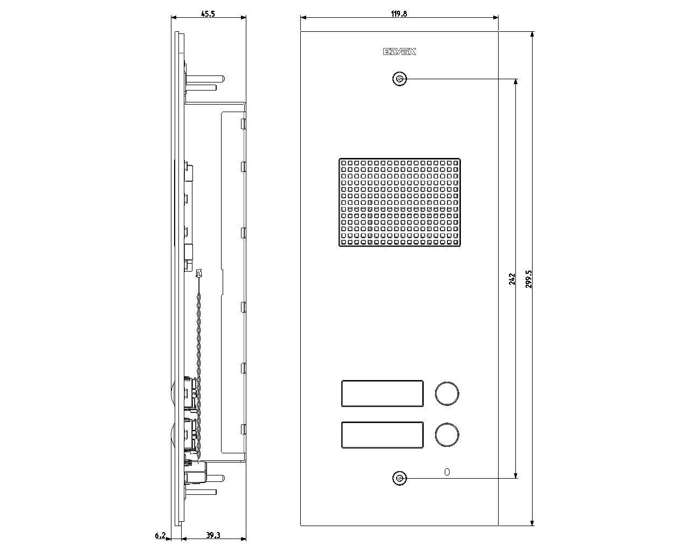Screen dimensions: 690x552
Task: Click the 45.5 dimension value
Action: coord(208,14)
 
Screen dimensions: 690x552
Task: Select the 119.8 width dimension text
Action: coord(399,14)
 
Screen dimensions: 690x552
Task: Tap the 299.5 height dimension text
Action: coord(529,279)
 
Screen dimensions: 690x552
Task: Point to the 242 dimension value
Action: coord(512,279)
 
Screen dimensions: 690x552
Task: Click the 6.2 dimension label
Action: coord(160,535)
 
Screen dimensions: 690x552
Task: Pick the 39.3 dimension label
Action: coord(213,535)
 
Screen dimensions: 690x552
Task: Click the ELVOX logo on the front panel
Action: coord(399,52)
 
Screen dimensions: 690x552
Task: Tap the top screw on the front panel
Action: coord(399,79)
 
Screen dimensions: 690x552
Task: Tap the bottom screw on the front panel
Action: coord(399,479)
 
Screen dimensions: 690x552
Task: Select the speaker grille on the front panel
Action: coord(399,202)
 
